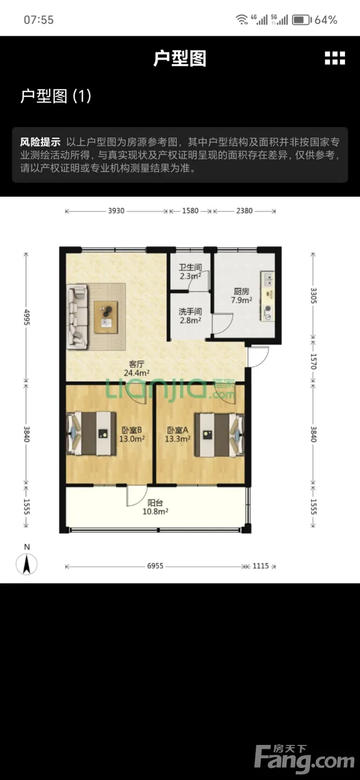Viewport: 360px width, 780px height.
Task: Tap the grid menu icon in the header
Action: click(x=335, y=58)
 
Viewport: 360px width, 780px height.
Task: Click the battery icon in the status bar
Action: click(x=301, y=20)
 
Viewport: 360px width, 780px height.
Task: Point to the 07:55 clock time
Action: click(x=38, y=20)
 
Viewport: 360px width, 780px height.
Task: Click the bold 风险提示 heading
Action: click(x=40, y=142)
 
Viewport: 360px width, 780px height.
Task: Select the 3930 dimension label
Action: click(x=116, y=211)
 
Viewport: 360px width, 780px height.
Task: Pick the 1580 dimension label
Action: click(x=191, y=211)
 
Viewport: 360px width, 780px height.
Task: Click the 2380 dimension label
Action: click(x=245, y=211)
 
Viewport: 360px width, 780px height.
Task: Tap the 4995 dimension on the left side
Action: click(x=26, y=317)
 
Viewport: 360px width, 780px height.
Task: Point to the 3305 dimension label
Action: click(x=313, y=295)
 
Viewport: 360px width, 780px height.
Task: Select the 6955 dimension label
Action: click(x=155, y=566)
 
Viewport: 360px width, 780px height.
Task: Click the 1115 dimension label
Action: click(x=260, y=566)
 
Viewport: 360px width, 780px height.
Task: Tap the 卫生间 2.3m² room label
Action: click(x=191, y=272)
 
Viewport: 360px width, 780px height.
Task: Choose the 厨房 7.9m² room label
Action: click(x=242, y=296)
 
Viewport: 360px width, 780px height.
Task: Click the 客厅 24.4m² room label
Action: click(x=137, y=368)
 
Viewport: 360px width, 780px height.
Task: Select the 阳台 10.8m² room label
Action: click(x=155, y=507)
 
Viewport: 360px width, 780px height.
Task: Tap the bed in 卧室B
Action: click(x=91, y=433)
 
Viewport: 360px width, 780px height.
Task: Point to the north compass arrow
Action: click(x=26, y=564)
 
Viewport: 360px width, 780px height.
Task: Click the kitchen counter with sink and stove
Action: click(x=267, y=296)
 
